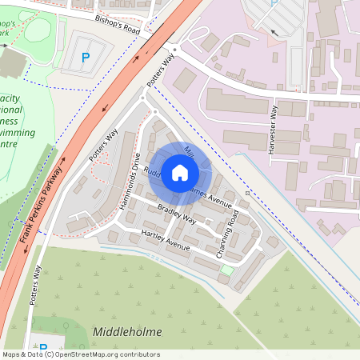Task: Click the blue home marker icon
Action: point(180,172)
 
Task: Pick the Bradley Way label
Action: point(177,217)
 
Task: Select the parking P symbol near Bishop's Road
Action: point(86,58)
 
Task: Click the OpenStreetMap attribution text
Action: point(80,354)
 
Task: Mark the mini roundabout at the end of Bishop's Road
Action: point(174,49)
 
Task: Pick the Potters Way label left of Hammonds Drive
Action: point(104,143)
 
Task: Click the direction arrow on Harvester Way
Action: point(274,33)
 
